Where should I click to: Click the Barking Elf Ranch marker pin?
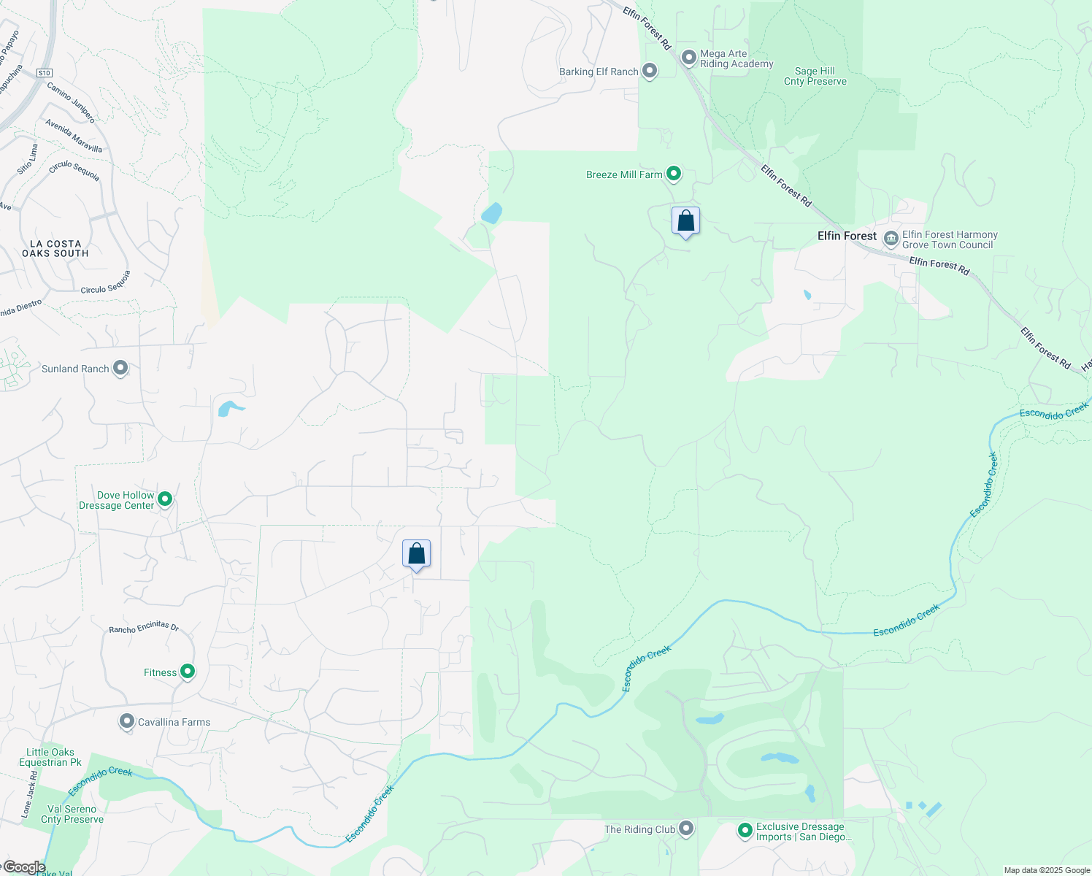coord(650,71)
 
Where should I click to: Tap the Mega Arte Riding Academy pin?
coord(688,58)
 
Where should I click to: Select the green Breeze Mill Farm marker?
coord(674,174)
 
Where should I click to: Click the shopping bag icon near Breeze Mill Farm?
coord(685,220)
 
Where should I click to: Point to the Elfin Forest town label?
coord(847,236)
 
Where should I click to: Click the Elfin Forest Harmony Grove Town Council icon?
coord(891,238)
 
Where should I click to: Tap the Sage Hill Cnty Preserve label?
coord(815,77)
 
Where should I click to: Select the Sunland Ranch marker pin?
coord(120,368)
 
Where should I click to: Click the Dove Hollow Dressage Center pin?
coord(165,499)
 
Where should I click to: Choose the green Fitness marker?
coord(188,672)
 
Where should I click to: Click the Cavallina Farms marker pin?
coord(127,721)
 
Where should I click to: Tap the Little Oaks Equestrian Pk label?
coord(50,757)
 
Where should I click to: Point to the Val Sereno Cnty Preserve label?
coord(72,814)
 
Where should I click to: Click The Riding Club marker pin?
coord(686,829)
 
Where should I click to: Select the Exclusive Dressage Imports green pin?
coord(745,831)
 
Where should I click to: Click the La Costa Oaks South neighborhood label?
coord(55,248)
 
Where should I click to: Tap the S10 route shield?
coord(45,73)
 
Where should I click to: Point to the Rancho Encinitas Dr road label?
coord(144,628)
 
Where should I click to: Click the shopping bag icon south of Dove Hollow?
coord(416,553)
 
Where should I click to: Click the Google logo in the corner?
coord(24,867)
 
